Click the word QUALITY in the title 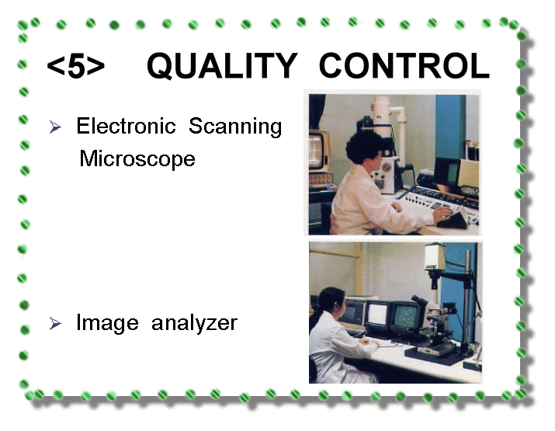[222, 66]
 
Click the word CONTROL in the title [404, 66]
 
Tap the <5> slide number [76, 67]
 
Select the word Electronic [126, 126]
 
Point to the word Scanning [235, 127]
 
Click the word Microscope [137, 159]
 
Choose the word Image [107, 323]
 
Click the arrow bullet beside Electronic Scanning [55, 127]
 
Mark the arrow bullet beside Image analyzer [55, 323]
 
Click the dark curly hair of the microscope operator [362, 146]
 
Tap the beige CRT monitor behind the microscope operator [319, 151]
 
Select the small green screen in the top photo [453, 173]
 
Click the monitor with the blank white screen [377, 315]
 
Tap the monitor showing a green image [405, 317]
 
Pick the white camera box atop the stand [435, 255]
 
